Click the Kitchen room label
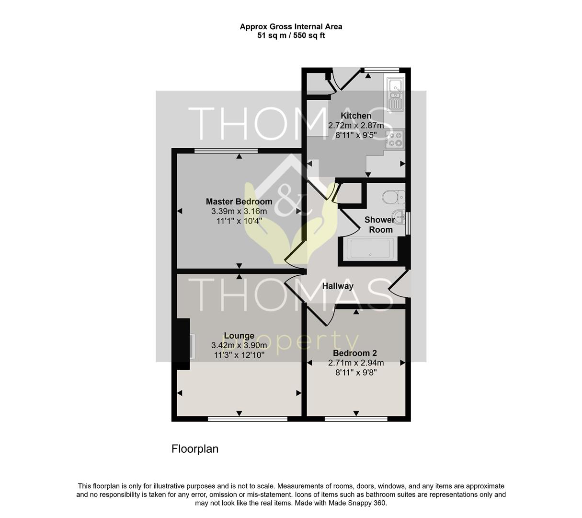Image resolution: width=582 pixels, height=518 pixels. [355, 116]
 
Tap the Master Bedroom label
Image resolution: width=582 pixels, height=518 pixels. [239, 201]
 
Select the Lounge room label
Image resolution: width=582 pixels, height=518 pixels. [239, 335]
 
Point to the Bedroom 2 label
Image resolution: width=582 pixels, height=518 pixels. [355, 353]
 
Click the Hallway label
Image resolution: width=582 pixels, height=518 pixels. [338, 286]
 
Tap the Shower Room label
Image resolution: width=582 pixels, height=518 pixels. [380, 224]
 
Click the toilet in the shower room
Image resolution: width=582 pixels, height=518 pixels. [394, 197]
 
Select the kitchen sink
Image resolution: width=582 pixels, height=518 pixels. [396, 94]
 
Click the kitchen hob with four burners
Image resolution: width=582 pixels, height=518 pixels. [395, 138]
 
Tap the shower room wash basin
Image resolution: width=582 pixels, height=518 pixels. [399, 217]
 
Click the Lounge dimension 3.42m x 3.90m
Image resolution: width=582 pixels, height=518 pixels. [239, 345]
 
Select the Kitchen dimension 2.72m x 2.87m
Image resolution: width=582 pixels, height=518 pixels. [356, 125]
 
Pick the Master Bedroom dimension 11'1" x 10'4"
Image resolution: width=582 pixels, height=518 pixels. [239, 221]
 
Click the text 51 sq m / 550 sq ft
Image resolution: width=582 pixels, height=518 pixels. [291, 35]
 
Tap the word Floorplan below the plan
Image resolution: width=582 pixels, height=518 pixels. [195, 448]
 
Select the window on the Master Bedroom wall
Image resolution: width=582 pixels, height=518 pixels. [226, 151]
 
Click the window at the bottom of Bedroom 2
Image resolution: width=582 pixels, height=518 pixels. [356, 419]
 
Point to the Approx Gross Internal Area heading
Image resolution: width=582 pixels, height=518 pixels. [291, 27]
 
